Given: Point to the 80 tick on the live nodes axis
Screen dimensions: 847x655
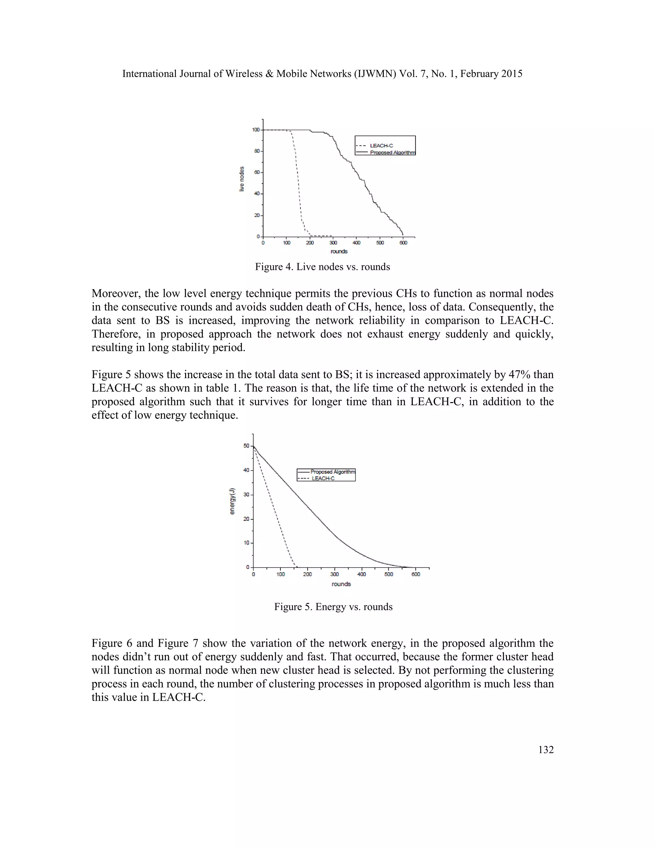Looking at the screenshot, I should click(257, 151).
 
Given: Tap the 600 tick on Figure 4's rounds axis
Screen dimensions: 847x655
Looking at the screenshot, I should click(403, 243).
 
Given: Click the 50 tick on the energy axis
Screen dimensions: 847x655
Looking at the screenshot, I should click(246, 446).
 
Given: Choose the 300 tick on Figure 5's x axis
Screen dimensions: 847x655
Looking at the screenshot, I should click(334, 574).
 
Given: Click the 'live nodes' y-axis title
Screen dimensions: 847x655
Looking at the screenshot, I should click(242, 179).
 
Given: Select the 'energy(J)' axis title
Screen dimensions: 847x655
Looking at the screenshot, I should click(232, 501).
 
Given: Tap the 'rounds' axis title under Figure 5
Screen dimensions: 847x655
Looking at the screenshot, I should click(341, 584).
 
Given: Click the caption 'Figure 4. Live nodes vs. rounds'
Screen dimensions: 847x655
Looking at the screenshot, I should click(322, 267).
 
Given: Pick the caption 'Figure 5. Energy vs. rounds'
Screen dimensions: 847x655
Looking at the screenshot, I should click(333, 607).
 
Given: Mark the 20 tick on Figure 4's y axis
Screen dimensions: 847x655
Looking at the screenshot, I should click(257, 215).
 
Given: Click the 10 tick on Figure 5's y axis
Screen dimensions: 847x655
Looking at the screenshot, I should click(246, 543).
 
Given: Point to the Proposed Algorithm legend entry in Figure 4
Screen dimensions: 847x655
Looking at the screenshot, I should click(392, 153).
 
